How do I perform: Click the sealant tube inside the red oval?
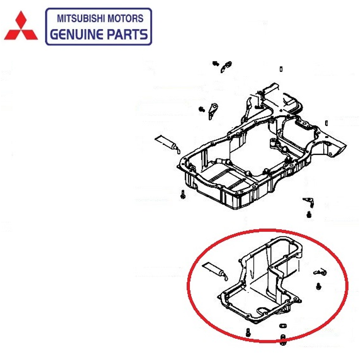[215, 273]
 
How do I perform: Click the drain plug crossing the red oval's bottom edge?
[283, 340]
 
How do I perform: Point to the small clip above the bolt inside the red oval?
[320, 272]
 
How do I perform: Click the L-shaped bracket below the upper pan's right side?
[309, 202]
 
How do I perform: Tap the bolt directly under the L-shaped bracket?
[309, 215]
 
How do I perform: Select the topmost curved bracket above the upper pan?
[226, 67]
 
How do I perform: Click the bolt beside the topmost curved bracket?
[215, 64]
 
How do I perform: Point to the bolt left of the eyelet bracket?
[202, 109]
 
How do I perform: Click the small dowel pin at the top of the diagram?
[281, 69]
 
